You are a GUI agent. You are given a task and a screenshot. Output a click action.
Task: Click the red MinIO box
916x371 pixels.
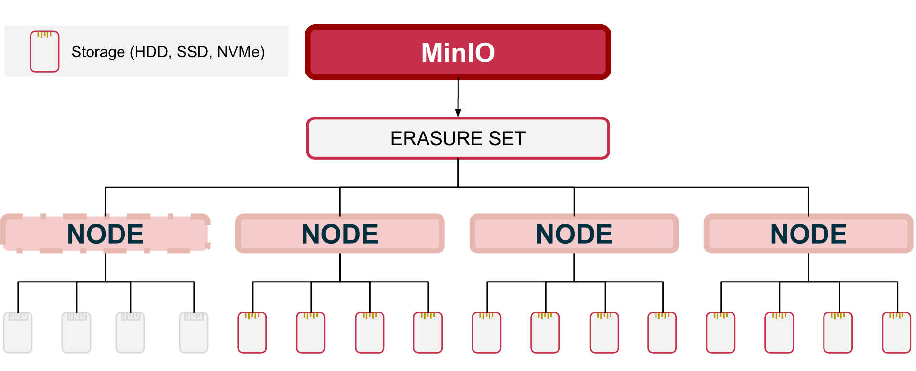coord(458,52)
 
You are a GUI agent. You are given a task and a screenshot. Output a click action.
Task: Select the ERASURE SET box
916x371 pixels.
coord(458,138)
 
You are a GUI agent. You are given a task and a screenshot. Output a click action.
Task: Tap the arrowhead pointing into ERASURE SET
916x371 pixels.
coord(458,113)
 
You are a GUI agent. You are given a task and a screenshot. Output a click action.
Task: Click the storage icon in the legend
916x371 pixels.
coord(45,51)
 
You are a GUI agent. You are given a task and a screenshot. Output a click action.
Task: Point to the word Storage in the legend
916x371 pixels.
coord(98,52)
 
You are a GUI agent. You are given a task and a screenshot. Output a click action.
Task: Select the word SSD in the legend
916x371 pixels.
coord(192,52)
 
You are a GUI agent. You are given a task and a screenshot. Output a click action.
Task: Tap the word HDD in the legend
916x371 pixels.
coord(152,52)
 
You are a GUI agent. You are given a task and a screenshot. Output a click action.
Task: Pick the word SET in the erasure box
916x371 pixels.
coord(507,138)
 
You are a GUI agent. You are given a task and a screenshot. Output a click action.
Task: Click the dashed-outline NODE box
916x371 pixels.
coord(106,234)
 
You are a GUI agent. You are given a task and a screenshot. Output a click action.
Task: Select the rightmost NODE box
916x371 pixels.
coord(809,234)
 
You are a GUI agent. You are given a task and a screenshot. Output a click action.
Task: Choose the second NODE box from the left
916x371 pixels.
coord(340,234)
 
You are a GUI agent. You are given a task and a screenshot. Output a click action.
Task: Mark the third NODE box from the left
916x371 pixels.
coord(574,234)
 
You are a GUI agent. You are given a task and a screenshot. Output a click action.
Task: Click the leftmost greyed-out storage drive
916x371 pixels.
coord(18,332)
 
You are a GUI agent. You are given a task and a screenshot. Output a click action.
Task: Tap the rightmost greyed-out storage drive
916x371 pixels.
coord(194,332)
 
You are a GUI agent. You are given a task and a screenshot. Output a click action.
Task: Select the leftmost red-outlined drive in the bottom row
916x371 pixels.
coord(252,332)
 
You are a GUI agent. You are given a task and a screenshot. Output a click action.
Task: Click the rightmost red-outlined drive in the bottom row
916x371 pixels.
coord(897,332)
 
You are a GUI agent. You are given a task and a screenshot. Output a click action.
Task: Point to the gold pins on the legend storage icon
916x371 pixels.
coord(45,34)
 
